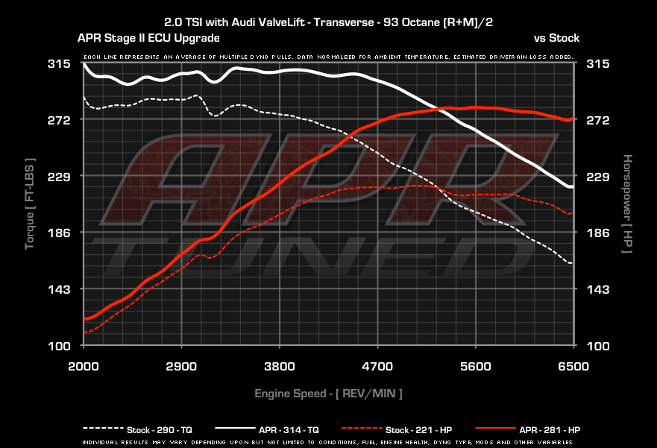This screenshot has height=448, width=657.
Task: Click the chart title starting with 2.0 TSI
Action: click(328, 22)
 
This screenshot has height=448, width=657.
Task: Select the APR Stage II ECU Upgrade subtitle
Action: click(148, 38)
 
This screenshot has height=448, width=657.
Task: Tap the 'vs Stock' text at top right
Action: click(556, 38)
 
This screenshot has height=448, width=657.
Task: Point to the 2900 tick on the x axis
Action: click(181, 366)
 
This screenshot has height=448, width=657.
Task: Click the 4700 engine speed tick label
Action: click(377, 366)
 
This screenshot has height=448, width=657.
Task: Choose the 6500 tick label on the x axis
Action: click(573, 366)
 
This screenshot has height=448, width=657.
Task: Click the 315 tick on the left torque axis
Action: click(59, 63)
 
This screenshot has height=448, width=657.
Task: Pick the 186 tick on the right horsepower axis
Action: click(598, 233)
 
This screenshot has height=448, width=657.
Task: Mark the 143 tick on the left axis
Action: click(59, 289)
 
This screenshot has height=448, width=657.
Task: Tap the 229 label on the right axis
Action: click(598, 177)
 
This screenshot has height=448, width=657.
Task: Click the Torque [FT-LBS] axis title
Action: click(29, 204)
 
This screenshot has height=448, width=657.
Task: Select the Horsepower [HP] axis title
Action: click(627, 204)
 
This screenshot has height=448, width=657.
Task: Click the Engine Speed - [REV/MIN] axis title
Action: click(328, 394)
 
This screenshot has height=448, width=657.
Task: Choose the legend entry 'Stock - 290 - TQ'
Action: click(138, 429)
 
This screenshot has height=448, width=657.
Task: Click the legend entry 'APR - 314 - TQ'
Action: click(267, 429)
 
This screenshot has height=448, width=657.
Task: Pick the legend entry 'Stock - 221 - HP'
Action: click(397, 429)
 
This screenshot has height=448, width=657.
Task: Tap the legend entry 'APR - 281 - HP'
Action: click(528, 429)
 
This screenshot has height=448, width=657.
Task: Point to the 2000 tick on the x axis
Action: click(84, 366)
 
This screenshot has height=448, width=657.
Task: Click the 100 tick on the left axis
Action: click(59, 346)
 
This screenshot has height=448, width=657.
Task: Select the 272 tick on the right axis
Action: click(598, 120)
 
